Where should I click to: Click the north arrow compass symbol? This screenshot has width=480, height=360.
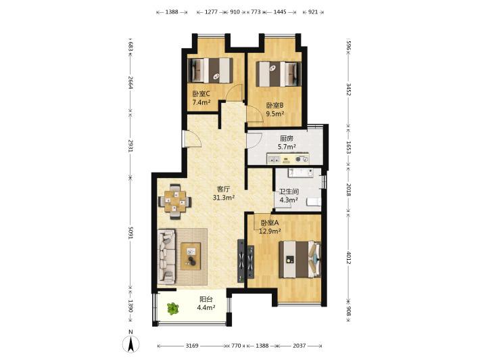coord(130,344)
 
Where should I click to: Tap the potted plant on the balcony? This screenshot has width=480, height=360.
coord(173,309)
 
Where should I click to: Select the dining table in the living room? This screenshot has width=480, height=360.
coord(175,201)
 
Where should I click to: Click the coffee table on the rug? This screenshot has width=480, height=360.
coord(191,256)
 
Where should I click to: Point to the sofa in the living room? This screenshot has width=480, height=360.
coord(166,256)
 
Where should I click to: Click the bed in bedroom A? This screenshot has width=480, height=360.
coord(299,259)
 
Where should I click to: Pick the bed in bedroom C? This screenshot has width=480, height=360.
coord(210,70)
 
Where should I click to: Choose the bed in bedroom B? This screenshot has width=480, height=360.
coord(279,74)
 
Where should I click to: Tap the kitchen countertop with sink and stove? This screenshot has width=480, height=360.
coord(287,159)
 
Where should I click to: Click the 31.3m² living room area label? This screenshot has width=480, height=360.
coord(224,198)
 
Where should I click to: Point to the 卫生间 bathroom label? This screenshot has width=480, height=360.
coord(289,192)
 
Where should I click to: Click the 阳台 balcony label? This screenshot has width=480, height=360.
coord(206,299)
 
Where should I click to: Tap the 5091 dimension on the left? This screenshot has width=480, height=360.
coord(130,233)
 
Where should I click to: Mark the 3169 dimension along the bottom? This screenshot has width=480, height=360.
coord(192,346)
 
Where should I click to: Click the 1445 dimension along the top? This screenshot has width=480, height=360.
coord(280,12)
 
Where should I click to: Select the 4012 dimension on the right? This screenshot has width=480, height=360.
coord(349,257)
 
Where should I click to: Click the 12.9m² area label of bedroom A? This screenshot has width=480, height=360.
coord(270,231)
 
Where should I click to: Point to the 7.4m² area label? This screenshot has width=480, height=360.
coord(201,102)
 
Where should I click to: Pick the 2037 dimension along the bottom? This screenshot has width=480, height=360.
coord(299,346)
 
